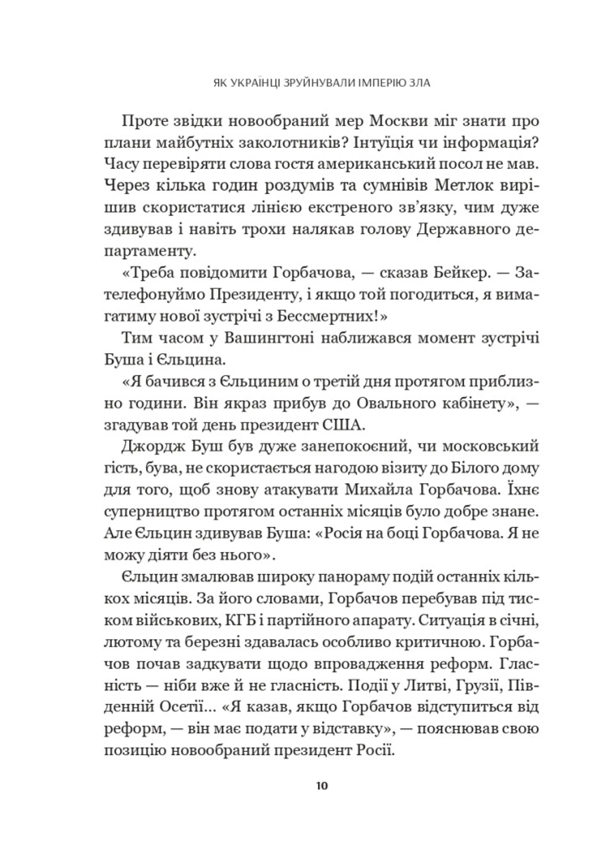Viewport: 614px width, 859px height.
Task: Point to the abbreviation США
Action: (x=344, y=426)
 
